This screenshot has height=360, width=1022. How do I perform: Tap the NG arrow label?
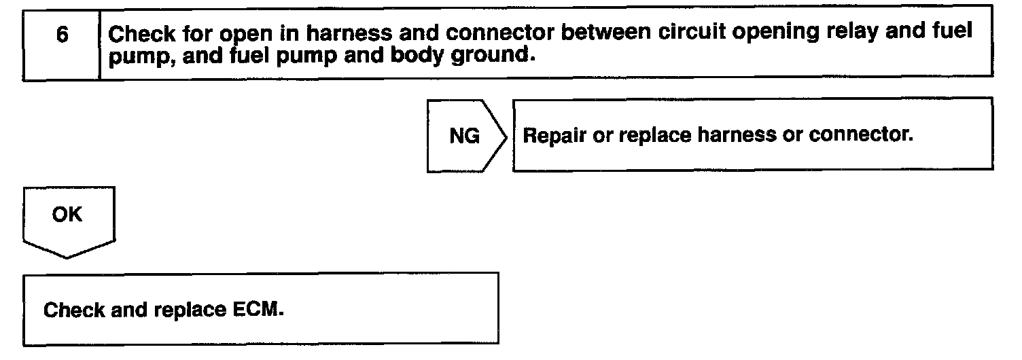pyautogui.click(x=464, y=137)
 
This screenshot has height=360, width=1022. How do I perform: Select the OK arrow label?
pyautogui.click(x=67, y=215)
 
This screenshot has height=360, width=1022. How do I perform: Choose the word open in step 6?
pyautogui.click(x=241, y=33)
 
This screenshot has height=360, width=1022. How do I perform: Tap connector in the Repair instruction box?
pyautogui.click(x=860, y=135)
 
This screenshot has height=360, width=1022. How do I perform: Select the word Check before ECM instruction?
pyautogui.click(x=74, y=310)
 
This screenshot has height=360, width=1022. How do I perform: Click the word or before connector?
pyautogui.click(x=792, y=135)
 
